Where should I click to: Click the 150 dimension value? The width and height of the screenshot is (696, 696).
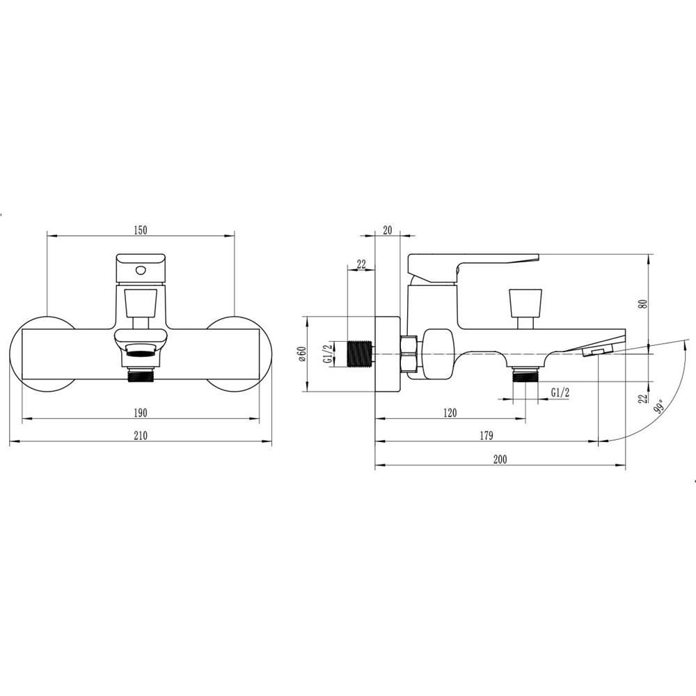pyautogui.click(x=140, y=230)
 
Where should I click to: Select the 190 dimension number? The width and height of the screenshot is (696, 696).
pyautogui.click(x=140, y=413)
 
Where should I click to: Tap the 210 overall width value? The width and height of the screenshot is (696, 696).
pyautogui.click(x=141, y=436)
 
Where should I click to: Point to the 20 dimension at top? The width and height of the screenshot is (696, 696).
pyautogui.click(x=388, y=230)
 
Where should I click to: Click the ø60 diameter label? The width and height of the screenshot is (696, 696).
pyautogui.click(x=301, y=354)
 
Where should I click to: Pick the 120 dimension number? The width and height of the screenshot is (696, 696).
pyautogui.click(x=450, y=413)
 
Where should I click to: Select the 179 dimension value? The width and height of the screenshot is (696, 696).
pyautogui.click(x=487, y=436)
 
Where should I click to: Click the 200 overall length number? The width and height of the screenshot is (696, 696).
pyautogui.click(x=500, y=459)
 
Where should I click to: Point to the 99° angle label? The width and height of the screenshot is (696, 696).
pyautogui.click(x=660, y=406)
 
